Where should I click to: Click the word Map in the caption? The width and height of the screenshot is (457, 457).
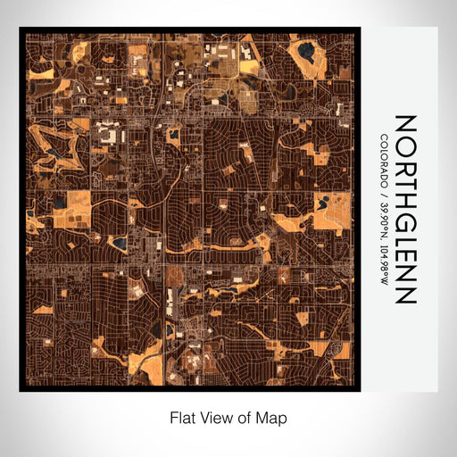click(274, 417)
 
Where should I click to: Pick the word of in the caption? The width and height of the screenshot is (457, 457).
click(246, 417)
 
